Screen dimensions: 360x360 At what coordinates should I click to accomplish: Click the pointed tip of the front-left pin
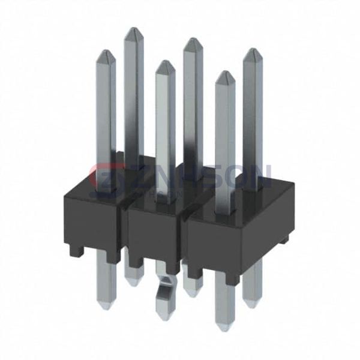point(106,52)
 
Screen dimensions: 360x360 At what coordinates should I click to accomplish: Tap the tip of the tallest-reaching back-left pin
point(133,29)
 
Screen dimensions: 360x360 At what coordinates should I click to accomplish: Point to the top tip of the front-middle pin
point(164,62)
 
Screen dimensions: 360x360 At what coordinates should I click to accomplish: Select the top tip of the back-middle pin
point(193,40)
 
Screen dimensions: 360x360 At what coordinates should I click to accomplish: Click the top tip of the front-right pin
point(225,73)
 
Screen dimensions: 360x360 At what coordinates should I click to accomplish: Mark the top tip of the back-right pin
point(252,50)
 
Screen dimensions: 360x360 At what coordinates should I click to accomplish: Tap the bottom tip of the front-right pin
point(224,327)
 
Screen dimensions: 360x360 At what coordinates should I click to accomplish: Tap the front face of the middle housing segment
point(152,234)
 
